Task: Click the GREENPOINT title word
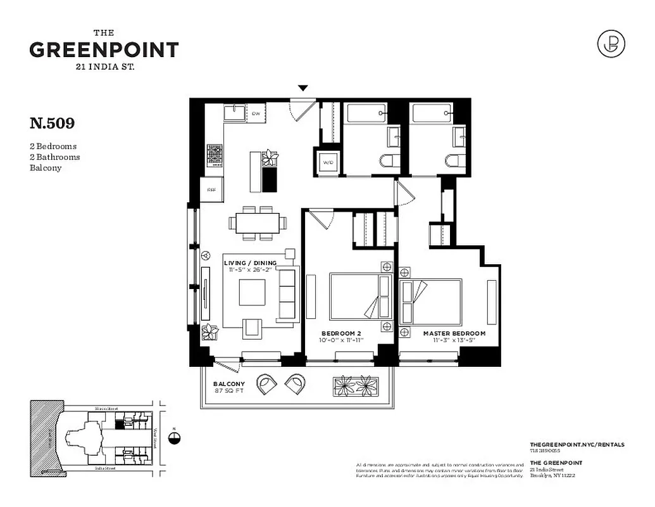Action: [104, 50]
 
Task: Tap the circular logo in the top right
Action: [611, 43]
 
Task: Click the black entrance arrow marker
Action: [303, 88]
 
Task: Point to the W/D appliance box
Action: [328, 162]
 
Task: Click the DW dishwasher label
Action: [256, 113]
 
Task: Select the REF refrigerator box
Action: [211, 188]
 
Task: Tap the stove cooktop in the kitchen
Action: [215, 155]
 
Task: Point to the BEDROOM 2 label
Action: [342, 333]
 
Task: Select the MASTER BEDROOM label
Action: [454, 333]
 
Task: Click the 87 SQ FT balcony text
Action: [228, 391]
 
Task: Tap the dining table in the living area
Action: [258, 222]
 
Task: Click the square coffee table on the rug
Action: [252, 292]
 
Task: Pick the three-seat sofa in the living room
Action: [287, 294]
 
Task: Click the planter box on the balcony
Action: [355, 384]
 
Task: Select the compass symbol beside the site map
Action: [175, 437]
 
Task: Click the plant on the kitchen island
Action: [270, 157]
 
